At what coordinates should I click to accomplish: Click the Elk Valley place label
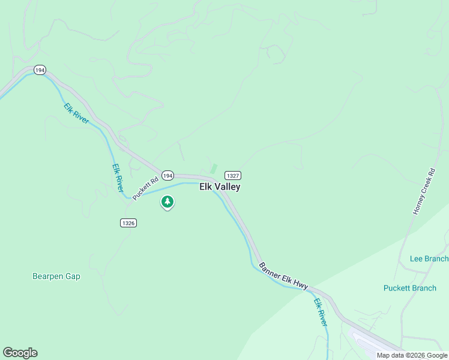[220, 187]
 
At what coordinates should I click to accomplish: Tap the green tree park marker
[167, 202]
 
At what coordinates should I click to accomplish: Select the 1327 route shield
[233, 175]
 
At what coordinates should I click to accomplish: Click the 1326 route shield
[128, 223]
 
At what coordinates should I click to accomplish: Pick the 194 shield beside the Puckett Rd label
[167, 175]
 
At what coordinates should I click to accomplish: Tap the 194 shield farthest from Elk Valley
[40, 70]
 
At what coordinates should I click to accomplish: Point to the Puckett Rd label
[145, 187]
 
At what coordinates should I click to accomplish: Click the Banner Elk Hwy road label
[283, 276]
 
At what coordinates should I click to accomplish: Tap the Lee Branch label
[429, 259]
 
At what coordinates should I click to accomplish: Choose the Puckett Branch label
[410, 288]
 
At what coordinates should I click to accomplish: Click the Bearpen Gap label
[56, 277]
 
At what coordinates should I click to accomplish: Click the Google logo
[20, 353]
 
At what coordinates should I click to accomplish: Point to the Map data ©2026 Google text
[412, 355]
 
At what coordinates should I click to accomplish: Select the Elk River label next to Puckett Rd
[118, 178]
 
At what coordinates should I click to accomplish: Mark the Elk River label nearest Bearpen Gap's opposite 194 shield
[76, 113]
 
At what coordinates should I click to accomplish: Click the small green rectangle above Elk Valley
[213, 169]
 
